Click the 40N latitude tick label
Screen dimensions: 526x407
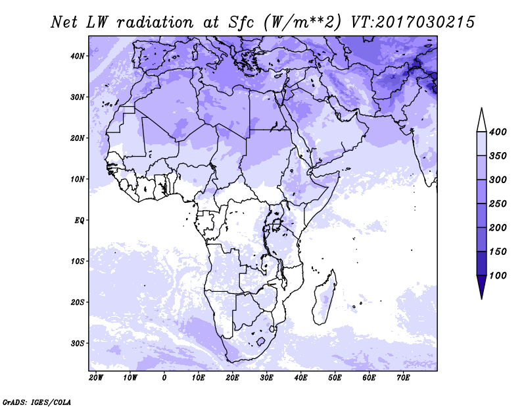78,56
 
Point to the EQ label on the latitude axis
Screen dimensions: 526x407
79,221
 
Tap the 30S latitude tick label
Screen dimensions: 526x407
78,344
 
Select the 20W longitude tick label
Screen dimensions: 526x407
96,378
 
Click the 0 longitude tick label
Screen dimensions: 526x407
164,378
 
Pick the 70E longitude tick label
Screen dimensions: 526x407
403,378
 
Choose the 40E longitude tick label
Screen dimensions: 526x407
300,378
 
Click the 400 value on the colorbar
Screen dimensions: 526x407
498,132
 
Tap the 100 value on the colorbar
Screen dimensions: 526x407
498,275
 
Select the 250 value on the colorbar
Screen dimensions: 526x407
498,203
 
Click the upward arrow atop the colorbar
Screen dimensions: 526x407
481,119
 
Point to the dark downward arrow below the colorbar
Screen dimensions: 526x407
481,287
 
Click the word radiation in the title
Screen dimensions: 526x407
155,22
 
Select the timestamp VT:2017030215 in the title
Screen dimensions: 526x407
413,22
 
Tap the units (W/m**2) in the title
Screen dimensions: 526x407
302,23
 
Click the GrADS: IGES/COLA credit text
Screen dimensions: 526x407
37,402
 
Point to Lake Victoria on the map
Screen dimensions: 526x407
276,223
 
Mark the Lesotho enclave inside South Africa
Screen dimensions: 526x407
260,342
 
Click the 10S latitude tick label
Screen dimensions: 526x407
78,261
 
